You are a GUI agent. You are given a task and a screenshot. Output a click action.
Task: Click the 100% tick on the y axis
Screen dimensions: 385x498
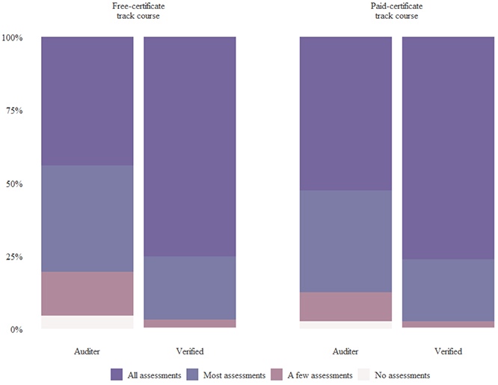pos(13,37)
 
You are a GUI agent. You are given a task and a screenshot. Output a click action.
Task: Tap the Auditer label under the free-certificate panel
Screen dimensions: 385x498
pos(87,351)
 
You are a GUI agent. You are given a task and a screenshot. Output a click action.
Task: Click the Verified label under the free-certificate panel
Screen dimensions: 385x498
pos(190,351)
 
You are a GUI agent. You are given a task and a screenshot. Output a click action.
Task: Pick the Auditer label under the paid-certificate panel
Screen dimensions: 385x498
pos(345,351)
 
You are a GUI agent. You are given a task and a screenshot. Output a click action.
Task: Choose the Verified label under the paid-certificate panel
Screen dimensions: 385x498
pos(448,351)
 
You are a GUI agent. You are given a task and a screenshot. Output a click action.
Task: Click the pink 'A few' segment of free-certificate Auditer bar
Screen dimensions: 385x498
pos(87,293)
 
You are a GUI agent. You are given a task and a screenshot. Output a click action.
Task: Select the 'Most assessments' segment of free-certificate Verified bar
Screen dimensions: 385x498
pos(190,288)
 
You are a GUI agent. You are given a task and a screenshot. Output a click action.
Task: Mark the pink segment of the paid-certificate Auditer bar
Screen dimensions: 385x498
pos(345,307)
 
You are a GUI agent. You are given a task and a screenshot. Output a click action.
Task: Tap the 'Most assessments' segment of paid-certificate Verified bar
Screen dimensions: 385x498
pos(448,290)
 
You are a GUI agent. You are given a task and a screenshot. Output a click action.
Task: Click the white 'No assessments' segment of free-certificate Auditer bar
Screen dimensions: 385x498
pos(87,322)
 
